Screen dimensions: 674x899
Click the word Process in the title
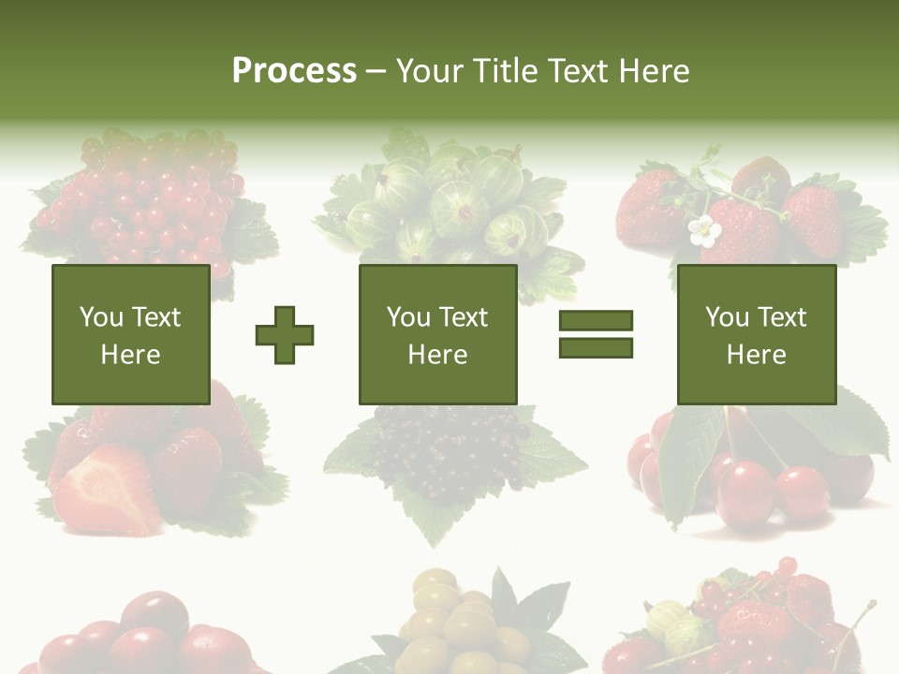[294, 71]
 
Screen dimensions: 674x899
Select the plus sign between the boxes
[285, 334]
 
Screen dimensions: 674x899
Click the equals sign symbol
[596, 334]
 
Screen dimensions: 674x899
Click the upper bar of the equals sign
[596, 321]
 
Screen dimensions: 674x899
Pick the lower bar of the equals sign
[596, 347]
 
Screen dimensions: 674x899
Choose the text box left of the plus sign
[130, 334]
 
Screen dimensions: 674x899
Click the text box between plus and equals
[437, 334]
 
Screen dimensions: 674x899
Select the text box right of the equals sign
[756, 334]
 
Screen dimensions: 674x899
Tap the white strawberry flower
[704, 231]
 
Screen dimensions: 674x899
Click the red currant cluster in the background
[150, 201]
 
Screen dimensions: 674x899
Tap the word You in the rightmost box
[727, 317]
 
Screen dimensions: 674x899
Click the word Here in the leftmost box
[130, 355]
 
